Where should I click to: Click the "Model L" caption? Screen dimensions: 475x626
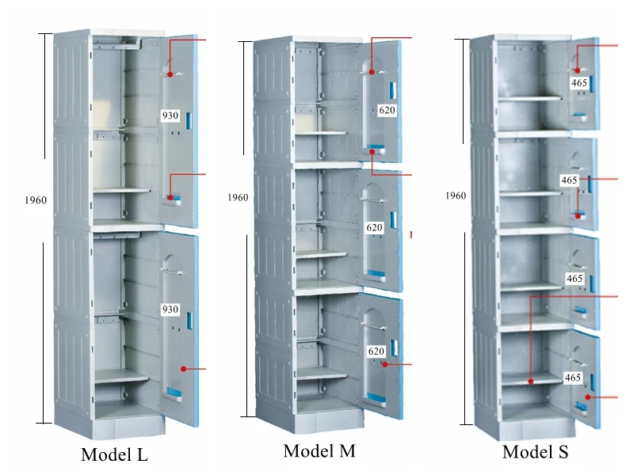tap(114, 455)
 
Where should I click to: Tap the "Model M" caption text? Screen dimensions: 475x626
tap(319, 451)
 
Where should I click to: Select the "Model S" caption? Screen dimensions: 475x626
tap(536, 452)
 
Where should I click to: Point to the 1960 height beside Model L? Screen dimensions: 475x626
tap(36, 200)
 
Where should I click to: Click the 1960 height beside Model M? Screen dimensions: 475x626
tap(238, 198)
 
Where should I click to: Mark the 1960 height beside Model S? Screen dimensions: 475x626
tap(456, 196)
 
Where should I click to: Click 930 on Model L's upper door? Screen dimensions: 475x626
tap(170, 116)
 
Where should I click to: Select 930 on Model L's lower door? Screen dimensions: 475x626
tap(170, 310)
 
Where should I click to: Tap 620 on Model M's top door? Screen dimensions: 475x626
tap(386, 111)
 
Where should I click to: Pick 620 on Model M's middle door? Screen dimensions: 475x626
tap(374, 227)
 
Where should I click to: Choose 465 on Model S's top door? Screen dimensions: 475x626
tap(578, 82)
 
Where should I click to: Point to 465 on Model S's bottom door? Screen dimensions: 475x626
tap(572, 378)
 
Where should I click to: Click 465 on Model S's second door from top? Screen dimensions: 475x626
tap(569, 180)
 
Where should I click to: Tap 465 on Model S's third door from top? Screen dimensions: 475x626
tap(574, 279)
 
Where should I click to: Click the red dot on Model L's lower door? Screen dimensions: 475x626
tap(184, 368)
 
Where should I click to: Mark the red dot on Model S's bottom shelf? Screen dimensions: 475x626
tap(529, 380)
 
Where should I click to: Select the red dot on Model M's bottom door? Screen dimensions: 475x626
tap(384, 364)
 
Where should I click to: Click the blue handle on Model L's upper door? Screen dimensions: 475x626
tap(189, 121)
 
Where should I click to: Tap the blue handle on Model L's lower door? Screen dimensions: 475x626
tap(190, 321)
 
